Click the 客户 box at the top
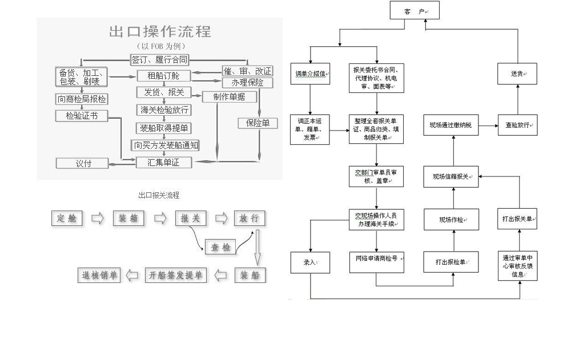415,11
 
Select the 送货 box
517,74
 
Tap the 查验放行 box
517,124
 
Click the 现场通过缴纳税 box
451,124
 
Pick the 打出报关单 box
517,219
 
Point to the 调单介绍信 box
310,74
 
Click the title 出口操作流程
160,31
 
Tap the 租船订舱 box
163,75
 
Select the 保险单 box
258,123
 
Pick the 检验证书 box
82,116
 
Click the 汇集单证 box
163,163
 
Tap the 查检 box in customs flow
220,247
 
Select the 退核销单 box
99,276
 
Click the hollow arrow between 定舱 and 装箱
98,219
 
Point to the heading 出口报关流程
159,195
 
